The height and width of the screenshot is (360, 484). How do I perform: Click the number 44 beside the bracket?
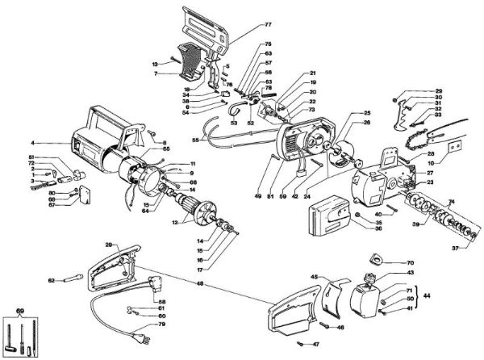coord(427,298)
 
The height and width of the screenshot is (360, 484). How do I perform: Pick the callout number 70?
coord(411,263)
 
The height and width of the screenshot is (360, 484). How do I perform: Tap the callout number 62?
coord(51,280)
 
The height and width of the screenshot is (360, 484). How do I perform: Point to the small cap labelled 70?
coord(376,259)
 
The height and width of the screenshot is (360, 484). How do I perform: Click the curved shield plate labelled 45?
coord(330,296)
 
